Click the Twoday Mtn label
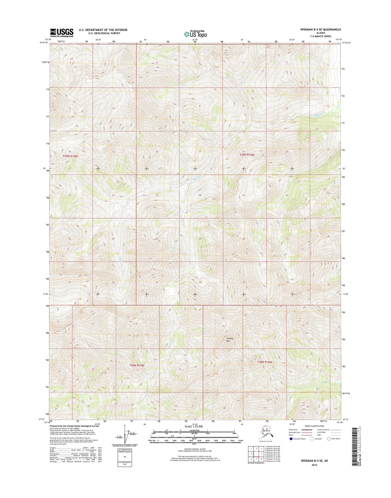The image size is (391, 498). coord(230,340)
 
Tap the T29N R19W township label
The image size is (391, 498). coord(70,156)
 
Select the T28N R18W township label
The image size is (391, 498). coord(265,362)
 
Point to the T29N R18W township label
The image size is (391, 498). coord(247,155)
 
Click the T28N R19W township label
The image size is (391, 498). coord(137,365)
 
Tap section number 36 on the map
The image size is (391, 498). coord(113,282)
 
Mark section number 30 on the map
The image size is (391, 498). coord(157,239)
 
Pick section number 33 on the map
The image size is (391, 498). coord(244,282)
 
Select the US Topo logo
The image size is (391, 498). coord(195,34)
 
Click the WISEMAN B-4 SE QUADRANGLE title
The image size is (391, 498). coord(320,29)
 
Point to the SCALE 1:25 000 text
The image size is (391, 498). coord(194,426)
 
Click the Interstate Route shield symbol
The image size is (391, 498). coord(291,439)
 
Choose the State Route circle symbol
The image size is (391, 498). coord(329,439)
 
